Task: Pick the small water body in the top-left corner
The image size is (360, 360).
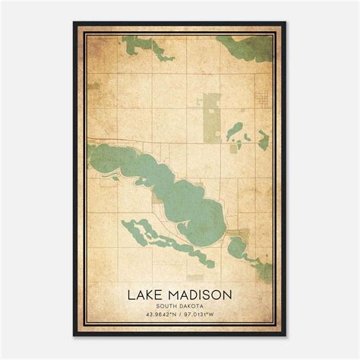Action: point(141,47)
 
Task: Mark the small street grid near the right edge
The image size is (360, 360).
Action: point(262,99)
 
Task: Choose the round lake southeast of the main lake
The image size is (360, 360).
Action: point(236,245)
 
